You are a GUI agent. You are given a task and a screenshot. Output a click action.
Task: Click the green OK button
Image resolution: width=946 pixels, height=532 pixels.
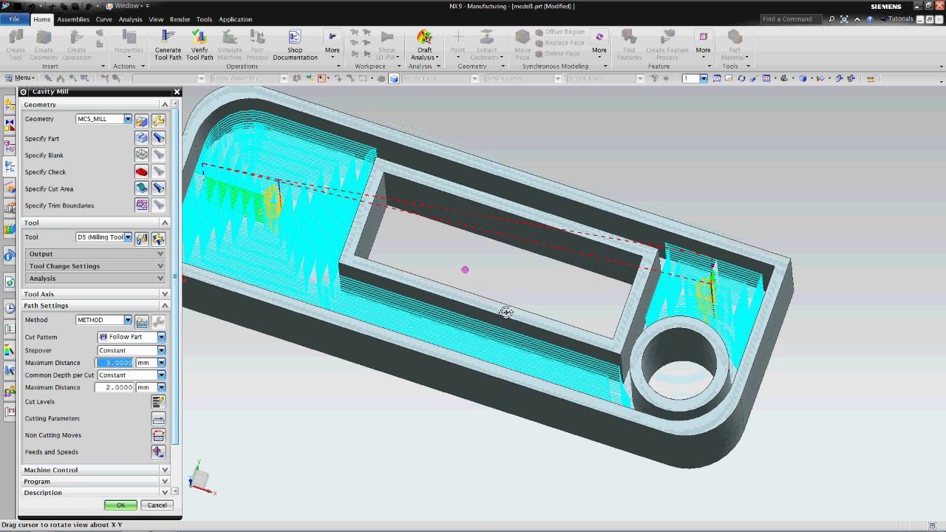coord(120,505)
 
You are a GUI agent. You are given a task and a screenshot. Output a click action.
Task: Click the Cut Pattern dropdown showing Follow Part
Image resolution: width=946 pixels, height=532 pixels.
coord(131,337)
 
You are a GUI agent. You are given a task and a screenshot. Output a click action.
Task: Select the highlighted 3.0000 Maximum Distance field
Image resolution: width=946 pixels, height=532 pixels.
coord(115,363)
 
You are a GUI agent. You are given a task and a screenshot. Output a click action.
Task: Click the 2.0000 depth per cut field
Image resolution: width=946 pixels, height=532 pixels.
coord(115,387)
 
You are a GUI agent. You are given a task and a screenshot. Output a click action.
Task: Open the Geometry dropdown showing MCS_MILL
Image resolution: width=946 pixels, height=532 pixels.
coord(103,119)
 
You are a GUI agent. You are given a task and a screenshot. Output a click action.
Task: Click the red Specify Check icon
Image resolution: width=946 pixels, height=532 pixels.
coord(141,172)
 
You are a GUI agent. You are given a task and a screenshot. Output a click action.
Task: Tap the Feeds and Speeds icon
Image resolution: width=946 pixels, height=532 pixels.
coord(158,452)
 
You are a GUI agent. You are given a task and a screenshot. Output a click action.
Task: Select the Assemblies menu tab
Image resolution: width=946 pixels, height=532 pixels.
coord(73,19)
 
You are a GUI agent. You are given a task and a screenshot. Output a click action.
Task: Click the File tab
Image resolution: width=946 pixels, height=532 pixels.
coord(15,19)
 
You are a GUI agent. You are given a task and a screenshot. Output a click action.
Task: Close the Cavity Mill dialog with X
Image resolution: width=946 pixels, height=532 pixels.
coord(177,92)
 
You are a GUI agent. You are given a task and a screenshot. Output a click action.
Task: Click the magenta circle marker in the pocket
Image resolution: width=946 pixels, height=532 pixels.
coord(465,270)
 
